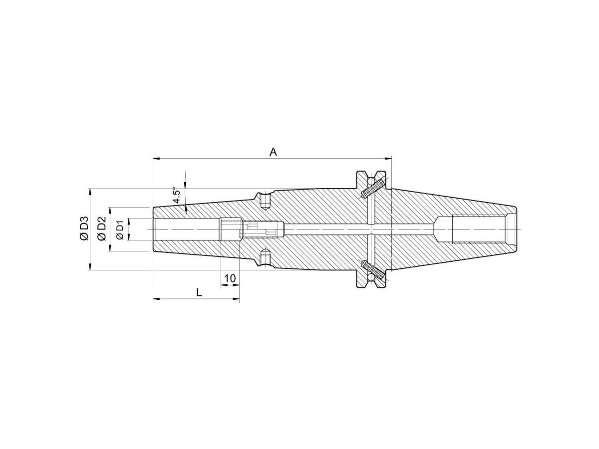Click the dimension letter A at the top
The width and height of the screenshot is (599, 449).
[273, 152]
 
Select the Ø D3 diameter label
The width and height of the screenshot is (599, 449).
[83, 229]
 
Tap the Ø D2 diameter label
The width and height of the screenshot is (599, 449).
[101, 229]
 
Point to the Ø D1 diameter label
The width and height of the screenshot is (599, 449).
[119, 229]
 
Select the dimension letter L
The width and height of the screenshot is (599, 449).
[199, 293]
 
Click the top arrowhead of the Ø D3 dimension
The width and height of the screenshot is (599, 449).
[90, 192]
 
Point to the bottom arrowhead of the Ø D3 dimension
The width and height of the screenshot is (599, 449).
[90, 267]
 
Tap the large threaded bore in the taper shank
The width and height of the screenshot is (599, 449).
[479, 229]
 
